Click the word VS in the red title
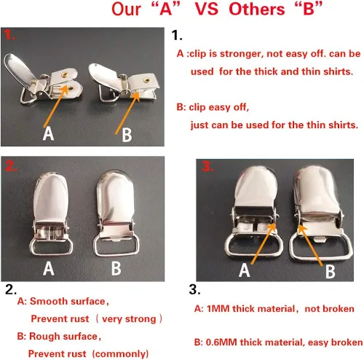(207, 9)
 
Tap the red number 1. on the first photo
(9, 35)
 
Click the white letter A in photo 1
(48, 133)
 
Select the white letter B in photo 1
(127, 135)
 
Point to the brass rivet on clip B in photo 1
(146, 80)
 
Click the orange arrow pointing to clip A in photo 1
(55, 106)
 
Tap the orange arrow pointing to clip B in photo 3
(310, 245)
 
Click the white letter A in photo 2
(49, 268)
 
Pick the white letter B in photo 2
(116, 268)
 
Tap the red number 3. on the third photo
(208, 166)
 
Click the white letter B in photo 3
(331, 271)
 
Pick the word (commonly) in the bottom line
(120, 353)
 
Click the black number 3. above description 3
(194, 289)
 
